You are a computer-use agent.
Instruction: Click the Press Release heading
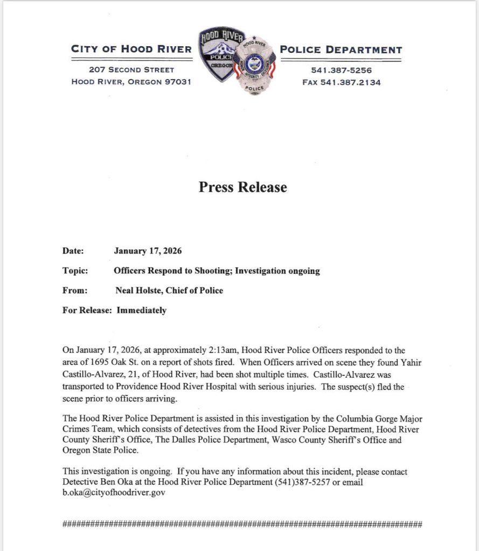(x=242, y=187)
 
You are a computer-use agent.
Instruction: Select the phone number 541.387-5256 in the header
(x=341, y=70)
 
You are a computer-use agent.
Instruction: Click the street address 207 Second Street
(x=131, y=70)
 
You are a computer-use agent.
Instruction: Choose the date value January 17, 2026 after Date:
(x=148, y=251)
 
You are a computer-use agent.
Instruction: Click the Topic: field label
(x=75, y=271)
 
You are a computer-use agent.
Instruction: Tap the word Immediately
(x=142, y=310)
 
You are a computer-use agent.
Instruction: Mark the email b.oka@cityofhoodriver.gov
(x=114, y=492)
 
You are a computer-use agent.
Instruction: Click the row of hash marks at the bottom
(x=242, y=524)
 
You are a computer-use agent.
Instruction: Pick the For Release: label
(x=87, y=310)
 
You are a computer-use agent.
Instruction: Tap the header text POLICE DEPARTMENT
(x=341, y=50)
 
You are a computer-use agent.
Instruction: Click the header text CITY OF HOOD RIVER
(x=131, y=50)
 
